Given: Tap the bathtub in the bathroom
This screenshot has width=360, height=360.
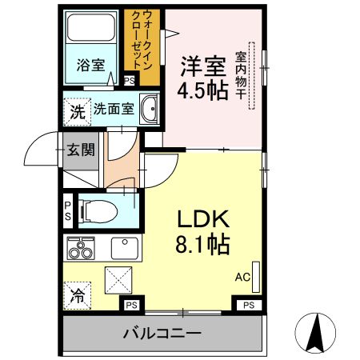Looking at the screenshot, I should click(92, 29).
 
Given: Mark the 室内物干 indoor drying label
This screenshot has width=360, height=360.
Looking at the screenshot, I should click(240, 75).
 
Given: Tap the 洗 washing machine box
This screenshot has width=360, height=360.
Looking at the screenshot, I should click(76, 112).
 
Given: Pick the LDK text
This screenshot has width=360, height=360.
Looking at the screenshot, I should click(203, 219).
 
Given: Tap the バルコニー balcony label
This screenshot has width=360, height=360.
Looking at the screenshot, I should click(162, 333).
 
